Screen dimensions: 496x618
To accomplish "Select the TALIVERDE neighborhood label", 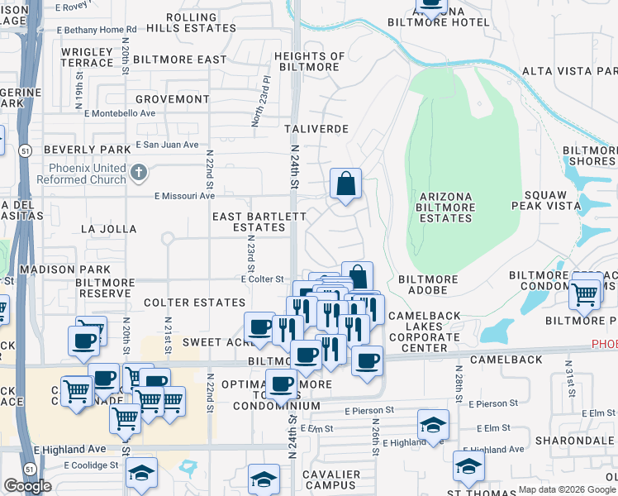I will coord(316,130).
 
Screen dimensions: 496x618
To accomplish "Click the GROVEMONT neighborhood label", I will coord(173,99).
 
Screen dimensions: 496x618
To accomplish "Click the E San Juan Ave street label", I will coord(168,145).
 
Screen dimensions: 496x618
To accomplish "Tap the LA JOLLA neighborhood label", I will coord(108,228).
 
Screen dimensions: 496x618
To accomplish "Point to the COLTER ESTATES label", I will coord(194,303).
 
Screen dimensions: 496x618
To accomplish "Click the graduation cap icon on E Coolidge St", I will coord(141,474).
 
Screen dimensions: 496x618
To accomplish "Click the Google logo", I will coord(27,486).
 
